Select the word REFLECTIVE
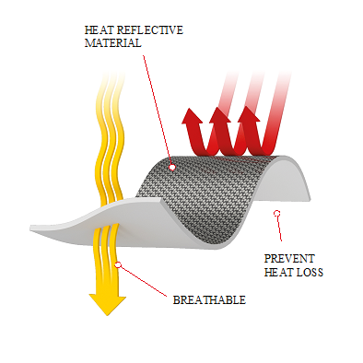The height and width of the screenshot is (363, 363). pos(150,30)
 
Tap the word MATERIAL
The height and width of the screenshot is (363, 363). pos(113,43)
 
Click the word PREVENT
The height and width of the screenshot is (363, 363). pos(289,259)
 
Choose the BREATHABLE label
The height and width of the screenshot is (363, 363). pos(209,299)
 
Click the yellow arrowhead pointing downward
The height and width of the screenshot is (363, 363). pos(108,305)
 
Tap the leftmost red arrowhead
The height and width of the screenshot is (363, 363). pos(192,116)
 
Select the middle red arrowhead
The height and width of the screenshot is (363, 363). pos(219,115)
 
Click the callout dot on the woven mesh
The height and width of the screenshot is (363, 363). pos(172,168)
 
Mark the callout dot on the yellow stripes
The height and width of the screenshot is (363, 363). pos(118,265)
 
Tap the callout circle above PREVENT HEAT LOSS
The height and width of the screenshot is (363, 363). pos(277,213)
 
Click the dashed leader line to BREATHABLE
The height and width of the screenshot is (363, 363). pos(143,281)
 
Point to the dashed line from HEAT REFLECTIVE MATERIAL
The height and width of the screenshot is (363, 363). pos(158,110)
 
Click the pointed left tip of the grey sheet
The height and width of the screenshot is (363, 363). pos(30,228)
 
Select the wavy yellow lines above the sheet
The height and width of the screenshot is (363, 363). pos(111,138)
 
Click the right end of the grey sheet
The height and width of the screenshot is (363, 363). pos(310,198)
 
